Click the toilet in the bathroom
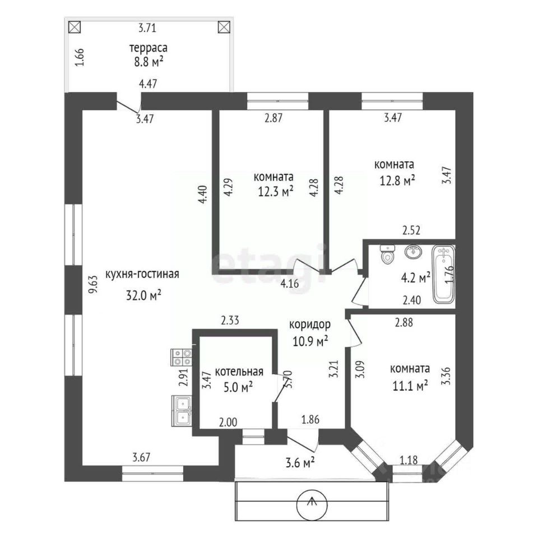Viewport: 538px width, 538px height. click(x=388, y=254)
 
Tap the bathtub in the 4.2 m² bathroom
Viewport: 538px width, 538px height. click(x=443, y=275)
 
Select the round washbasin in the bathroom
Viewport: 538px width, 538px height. click(x=414, y=252)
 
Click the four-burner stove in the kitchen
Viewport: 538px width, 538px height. click(x=182, y=357)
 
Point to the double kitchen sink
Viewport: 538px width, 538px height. click(x=182, y=411)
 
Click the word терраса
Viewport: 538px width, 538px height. click(x=148, y=48)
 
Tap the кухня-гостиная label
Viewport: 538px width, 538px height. click(x=142, y=274)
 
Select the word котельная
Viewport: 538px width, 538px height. click(x=239, y=372)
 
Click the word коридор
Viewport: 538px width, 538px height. click(x=310, y=324)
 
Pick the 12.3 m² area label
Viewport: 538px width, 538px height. click(x=276, y=191)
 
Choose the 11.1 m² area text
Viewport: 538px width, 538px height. click(x=410, y=386)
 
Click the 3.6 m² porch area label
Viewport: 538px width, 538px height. click(x=300, y=463)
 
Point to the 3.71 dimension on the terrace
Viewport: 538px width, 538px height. click(x=147, y=28)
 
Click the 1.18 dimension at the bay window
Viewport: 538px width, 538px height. click(x=409, y=460)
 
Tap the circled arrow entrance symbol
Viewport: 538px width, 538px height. click(x=312, y=504)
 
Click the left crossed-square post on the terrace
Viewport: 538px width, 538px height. click(x=75, y=27)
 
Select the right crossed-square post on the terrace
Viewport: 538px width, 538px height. click(x=224, y=27)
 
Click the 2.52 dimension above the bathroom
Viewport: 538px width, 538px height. click(x=411, y=230)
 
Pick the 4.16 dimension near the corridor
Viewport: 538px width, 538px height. click(x=290, y=284)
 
